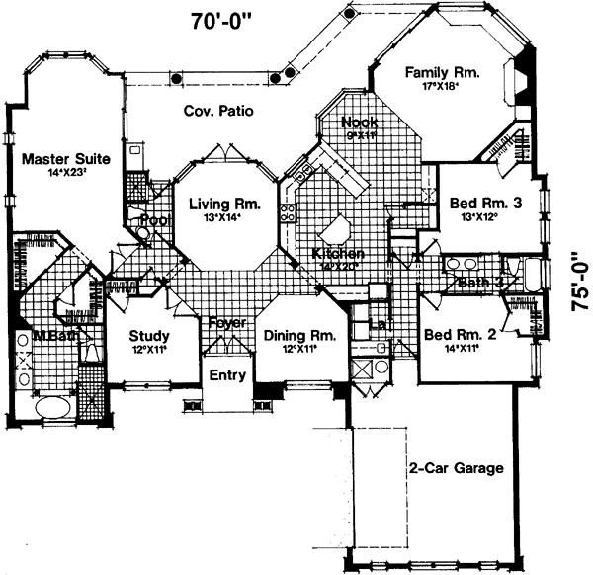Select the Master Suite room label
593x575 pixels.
pyautogui.click(x=66, y=157)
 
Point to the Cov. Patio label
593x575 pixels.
pyautogui.click(x=218, y=112)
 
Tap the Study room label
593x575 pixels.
pyautogui.click(x=149, y=336)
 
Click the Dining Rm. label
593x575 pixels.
pyautogui.click(x=299, y=336)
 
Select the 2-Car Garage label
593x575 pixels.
pyautogui.click(x=456, y=468)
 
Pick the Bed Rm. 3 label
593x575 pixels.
pyautogui.click(x=485, y=204)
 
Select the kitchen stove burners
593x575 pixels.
pyautogui.click(x=291, y=213)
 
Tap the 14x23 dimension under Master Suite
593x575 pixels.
pyautogui.click(x=65, y=173)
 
